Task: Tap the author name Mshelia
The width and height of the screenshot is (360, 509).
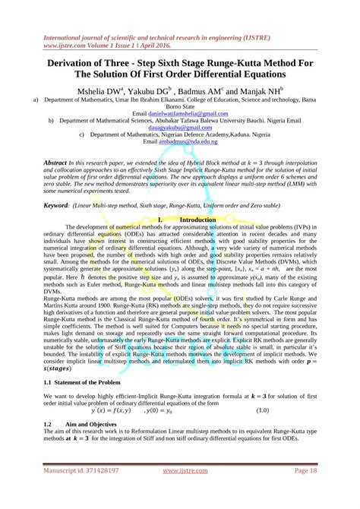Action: [x=93, y=89]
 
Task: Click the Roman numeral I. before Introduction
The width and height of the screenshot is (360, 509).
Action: [x=160, y=220]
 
